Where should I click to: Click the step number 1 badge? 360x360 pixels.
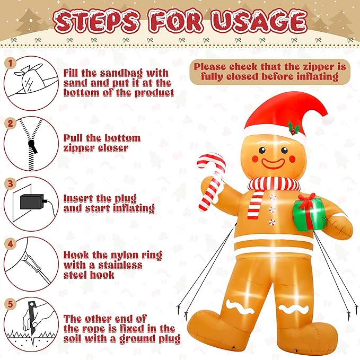click(9, 63)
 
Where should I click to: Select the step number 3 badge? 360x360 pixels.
click(9, 183)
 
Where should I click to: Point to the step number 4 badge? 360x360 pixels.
click(9, 244)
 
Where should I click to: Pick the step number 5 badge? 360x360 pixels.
click(9, 305)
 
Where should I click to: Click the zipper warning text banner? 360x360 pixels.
click(269, 72)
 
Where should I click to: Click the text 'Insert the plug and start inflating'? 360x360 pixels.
click(109, 203)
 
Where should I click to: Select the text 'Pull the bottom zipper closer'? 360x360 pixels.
click(102, 143)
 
